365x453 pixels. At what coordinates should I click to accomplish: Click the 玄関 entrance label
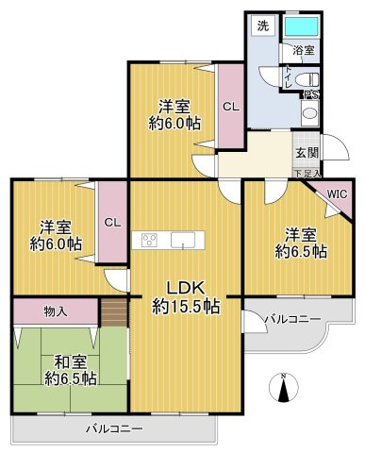pyautogui.click(x=307, y=153)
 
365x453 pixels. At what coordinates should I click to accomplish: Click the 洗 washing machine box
pyautogui.click(x=262, y=26)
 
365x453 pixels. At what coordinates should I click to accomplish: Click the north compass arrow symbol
pyautogui.click(x=284, y=389)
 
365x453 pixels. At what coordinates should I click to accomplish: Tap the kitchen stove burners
pyautogui.click(x=150, y=240)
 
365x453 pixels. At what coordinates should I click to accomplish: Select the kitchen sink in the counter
pyautogui.click(x=180, y=240)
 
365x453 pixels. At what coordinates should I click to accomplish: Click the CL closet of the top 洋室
pyautogui.click(x=230, y=107)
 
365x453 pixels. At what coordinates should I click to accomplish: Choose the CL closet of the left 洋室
pyautogui.click(x=111, y=223)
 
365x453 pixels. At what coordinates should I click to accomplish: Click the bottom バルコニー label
pyautogui.click(x=113, y=429)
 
